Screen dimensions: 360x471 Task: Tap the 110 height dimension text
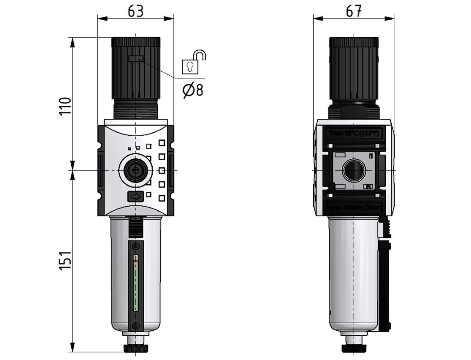tap(66, 106)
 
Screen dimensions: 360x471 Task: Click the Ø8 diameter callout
tap(193, 90)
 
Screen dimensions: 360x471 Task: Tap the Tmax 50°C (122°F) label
tap(354, 134)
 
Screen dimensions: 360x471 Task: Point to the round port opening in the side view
tap(354, 171)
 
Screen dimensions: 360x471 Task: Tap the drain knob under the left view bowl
tap(136, 348)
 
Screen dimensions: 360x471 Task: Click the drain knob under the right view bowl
tap(354, 348)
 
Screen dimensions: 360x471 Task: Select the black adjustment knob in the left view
tap(136, 67)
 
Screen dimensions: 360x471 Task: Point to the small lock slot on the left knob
tap(135, 59)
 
